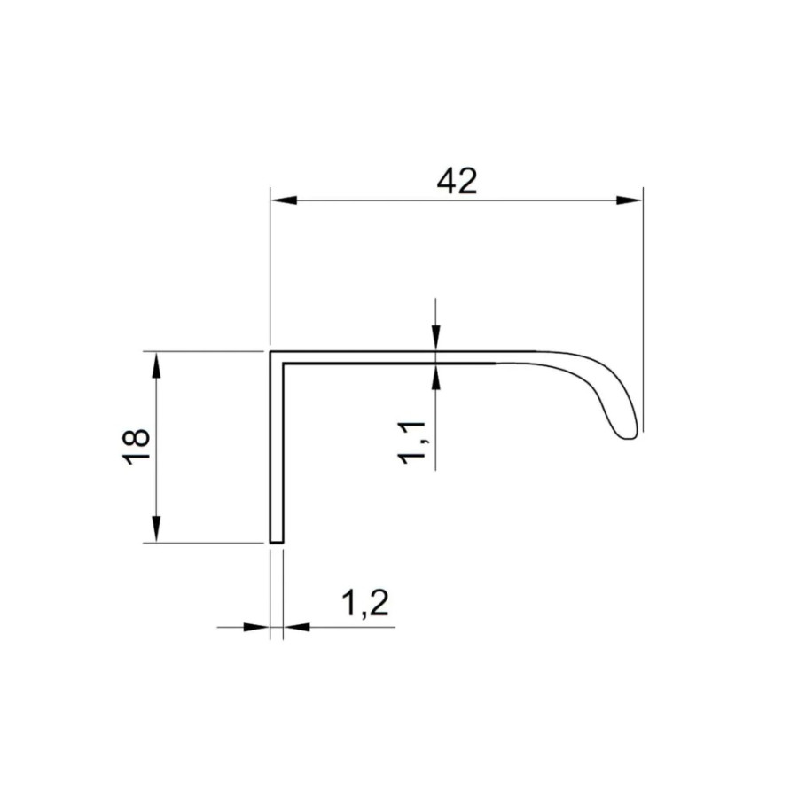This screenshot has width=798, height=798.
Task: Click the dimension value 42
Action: (458, 181)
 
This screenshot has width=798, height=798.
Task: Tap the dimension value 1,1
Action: (413, 442)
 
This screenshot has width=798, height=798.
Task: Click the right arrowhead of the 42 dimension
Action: (630, 200)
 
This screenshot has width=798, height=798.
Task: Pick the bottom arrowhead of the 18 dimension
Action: (156, 529)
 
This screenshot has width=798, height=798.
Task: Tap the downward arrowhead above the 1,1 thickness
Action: (435, 340)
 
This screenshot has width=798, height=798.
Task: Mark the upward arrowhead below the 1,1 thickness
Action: (435, 375)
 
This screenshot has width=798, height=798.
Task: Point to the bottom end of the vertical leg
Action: (276, 540)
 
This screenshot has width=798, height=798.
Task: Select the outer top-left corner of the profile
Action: (270, 352)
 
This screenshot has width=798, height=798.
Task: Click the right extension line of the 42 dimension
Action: (643, 310)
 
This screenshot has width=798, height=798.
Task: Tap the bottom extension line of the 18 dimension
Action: (204, 543)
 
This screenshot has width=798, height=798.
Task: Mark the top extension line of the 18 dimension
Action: (204, 351)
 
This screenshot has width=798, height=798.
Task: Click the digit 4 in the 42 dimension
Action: (446, 181)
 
